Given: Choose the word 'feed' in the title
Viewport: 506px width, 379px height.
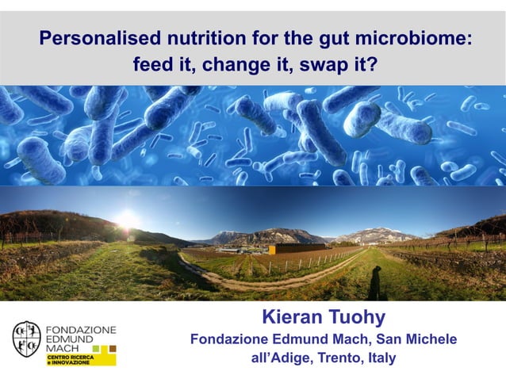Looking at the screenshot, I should [154, 64].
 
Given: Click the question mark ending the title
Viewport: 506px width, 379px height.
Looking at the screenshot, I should [370, 64].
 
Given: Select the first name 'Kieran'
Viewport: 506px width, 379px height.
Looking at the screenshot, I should [290, 318].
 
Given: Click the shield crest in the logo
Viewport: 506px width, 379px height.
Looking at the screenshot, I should [26, 338].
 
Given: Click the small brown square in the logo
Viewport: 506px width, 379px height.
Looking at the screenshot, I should [112, 348].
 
